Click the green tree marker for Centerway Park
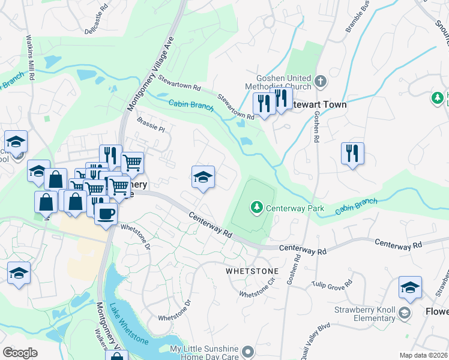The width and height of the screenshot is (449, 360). pos(257,207)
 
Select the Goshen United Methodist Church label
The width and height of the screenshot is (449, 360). pos(283,84)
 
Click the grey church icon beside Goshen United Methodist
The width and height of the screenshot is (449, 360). pos(321,80)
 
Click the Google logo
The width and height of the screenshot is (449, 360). pos(20,352)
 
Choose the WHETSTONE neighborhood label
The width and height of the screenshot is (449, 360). pos(252,271)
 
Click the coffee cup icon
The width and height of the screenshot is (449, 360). pos(106,214)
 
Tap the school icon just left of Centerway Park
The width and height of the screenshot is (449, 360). pos(203,176)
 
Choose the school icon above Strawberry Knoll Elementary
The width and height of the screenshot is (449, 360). pos(410,287)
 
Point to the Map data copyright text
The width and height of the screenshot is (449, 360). pos(424,355)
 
